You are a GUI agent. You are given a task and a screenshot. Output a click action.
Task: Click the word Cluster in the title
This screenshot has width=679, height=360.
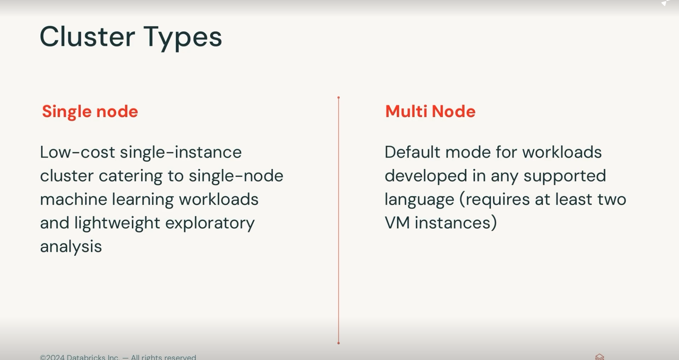pos(87,36)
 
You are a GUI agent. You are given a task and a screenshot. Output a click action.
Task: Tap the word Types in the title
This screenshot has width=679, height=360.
pos(183,38)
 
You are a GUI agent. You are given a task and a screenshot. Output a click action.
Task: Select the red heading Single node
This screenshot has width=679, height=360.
pos(90,112)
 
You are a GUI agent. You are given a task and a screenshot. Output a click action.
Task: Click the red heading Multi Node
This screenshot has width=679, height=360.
pos(430,111)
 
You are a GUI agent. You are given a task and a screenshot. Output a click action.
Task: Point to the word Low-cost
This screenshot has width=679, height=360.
pos(77,152)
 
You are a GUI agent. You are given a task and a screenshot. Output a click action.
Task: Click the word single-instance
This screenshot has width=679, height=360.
pos(181,153)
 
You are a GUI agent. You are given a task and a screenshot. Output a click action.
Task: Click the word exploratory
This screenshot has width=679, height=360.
pos(210,223)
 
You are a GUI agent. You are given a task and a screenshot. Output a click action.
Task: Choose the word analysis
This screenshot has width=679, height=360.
pos(71,247)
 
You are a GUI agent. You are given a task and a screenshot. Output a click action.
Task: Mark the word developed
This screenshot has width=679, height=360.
pos(426,176)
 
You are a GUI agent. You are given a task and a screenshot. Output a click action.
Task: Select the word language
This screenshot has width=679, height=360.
pos(419,200)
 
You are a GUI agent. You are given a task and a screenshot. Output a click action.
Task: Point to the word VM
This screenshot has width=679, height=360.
pos(397,223)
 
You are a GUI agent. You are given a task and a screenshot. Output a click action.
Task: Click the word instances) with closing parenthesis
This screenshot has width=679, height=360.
pos(456,223)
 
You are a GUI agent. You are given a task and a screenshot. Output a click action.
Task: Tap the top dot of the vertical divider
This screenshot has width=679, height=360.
pos(338,97)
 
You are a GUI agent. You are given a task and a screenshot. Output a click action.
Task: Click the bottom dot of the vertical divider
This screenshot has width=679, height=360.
pos(338,343)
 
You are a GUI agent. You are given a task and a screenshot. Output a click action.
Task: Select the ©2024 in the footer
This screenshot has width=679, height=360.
pos(52,357)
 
